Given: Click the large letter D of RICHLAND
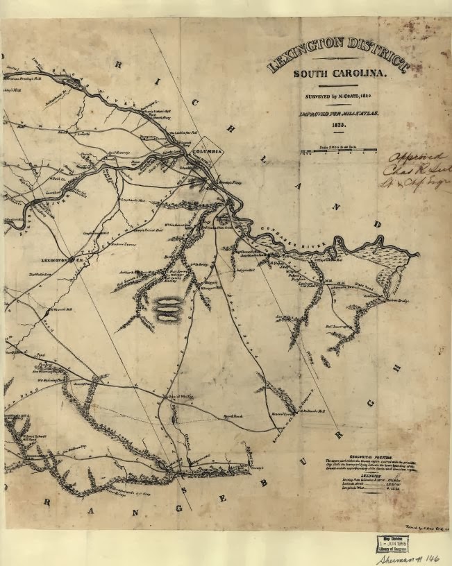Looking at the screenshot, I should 377,224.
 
